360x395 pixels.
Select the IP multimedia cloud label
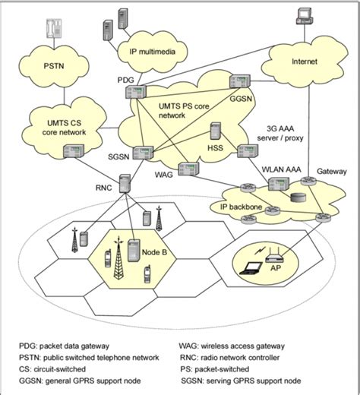point(154,51)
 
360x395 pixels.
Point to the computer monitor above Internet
point(303,14)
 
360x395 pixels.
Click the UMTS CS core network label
point(56,126)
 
